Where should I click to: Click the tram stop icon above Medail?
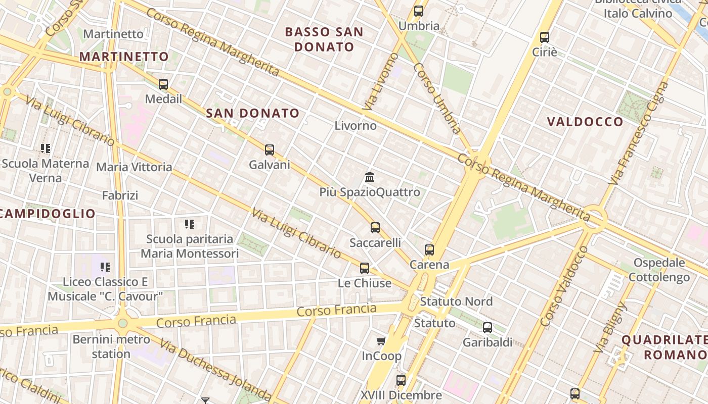[163, 84]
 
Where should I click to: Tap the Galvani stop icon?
[270, 150]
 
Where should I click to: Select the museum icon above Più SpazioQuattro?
[370, 177]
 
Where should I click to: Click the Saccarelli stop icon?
[375, 228]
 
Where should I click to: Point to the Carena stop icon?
[429, 249]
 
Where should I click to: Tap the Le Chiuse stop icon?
[365, 268]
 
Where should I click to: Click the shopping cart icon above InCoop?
[381, 341]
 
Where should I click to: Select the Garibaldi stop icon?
[488, 328]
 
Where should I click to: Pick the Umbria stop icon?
[419, 11]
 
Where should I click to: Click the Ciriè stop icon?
[545, 37]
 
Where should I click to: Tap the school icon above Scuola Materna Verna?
[46, 148]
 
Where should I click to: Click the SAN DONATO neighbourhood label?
[253, 114]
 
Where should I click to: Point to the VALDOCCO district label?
[585, 122]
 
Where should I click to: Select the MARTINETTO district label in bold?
[124, 57]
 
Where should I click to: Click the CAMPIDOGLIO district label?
[48, 214]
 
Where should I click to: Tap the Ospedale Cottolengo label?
[659, 270]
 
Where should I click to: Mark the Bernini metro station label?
[111, 346]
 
